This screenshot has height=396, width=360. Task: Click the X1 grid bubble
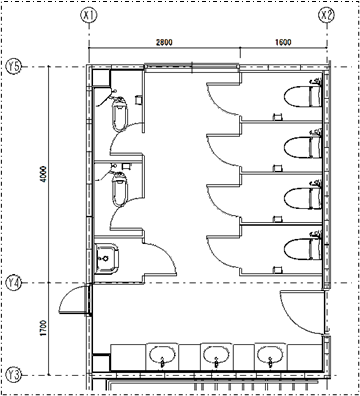point(89,15)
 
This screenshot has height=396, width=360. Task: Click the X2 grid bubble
point(326,15)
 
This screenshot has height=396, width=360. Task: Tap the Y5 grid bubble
point(14,67)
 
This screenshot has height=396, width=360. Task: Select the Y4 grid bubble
point(14,283)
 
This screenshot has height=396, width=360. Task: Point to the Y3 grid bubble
point(14,375)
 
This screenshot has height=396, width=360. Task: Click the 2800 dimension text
point(164,42)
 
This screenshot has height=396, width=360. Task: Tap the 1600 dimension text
point(283,42)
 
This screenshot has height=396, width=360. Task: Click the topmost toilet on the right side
point(303,96)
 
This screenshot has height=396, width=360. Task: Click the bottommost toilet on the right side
point(303,248)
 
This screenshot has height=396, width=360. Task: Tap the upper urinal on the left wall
point(119,114)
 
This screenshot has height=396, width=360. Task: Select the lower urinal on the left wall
point(119,189)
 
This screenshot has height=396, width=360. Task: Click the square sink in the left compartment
point(107,259)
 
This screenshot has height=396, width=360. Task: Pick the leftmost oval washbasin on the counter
point(162,355)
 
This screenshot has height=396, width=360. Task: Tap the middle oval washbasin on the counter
point(216,355)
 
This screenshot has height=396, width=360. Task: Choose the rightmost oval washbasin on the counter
point(270,355)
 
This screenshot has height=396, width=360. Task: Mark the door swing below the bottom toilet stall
point(302,312)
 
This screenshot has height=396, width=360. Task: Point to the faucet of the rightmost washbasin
point(270,362)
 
